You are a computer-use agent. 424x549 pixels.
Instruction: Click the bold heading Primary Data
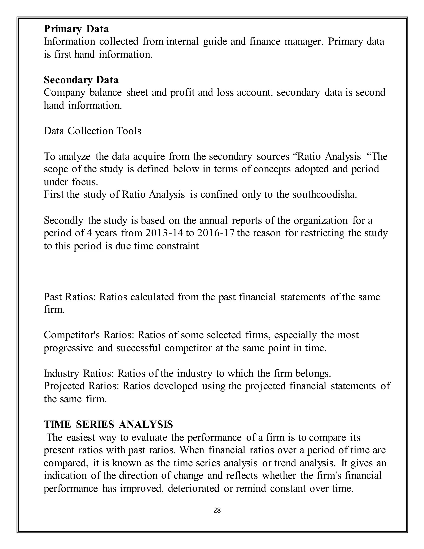click(76, 29)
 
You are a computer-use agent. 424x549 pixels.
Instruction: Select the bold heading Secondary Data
click(81, 80)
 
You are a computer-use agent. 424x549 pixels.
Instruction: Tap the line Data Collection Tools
click(92, 131)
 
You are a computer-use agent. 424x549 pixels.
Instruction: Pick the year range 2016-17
click(216, 233)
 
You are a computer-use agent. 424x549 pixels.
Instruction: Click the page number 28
click(217, 510)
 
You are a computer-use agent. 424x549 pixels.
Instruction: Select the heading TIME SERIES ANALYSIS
click(108, 424)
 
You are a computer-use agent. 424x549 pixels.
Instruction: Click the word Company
click(64, 93)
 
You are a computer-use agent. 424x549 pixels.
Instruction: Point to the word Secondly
click(63, 220)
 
